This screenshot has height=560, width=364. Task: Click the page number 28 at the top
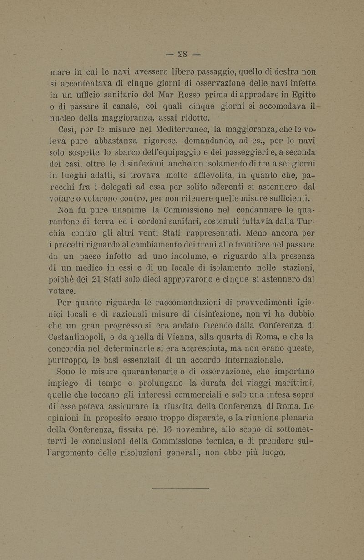click(x=182, y=49)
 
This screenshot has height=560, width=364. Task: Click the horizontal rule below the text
click(x=180, y=488)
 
